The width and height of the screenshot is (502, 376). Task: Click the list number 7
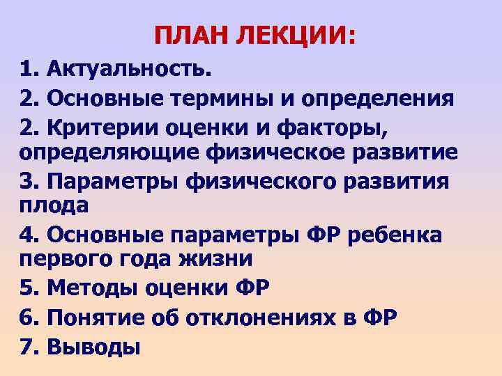click(x=29, y=346)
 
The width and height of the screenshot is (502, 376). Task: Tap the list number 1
click(x=29, y=70)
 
